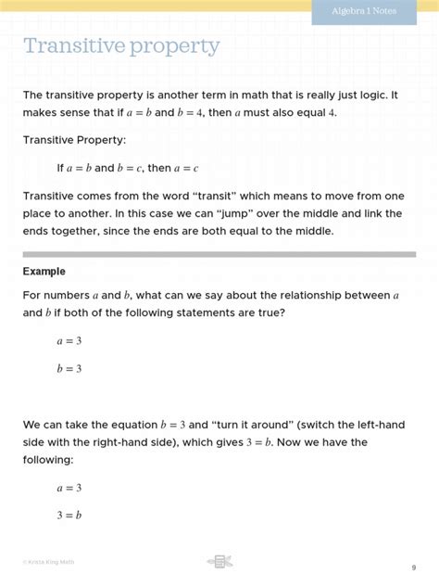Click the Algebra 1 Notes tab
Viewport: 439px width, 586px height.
[x=373, y=12]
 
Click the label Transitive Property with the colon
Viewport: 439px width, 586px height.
[x=73, y=140]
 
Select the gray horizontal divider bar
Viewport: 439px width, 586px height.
[x=219, y=252]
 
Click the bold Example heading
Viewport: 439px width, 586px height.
[x=44, y=272]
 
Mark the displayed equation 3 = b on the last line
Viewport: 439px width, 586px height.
[x=69, y=515]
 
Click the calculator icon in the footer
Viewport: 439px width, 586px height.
[x=219, y=561]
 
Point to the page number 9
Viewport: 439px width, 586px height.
[x=413, y=567]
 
